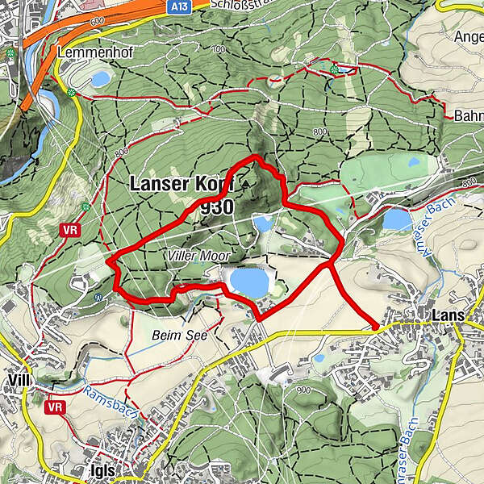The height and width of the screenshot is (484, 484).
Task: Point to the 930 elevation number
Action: click(217, 207)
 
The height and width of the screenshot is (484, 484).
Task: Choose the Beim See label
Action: click(175, 332)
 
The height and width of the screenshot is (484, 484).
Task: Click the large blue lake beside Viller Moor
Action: click(248, 282)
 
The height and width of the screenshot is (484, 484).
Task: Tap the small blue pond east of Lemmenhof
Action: click(101, 78)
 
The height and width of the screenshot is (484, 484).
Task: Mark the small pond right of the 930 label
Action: click(263, 223)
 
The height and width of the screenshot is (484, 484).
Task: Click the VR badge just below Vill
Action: click(55, 407)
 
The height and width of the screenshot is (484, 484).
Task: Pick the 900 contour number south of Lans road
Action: click(304, 390)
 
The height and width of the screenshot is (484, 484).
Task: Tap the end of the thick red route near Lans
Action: click(378, 326)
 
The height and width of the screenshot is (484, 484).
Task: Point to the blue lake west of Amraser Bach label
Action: click(396, 219)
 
